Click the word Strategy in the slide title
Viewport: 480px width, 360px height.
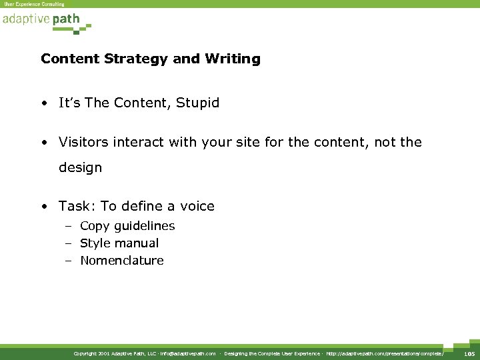(130, 59)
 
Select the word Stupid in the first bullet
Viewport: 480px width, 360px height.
(198, 103)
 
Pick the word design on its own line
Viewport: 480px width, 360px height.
(80, 168)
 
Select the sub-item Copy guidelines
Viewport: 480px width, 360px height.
(127, 226)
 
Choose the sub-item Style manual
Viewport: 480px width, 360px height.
(119, 243)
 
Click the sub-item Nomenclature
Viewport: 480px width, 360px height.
(121, 261)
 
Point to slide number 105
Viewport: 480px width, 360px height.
(469, 353)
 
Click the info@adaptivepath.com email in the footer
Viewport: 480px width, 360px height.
(189, 353)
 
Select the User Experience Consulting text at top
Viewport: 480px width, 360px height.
(35, 4)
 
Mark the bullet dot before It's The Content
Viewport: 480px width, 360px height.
(44, 104)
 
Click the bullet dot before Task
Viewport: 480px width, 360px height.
(44, 207)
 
